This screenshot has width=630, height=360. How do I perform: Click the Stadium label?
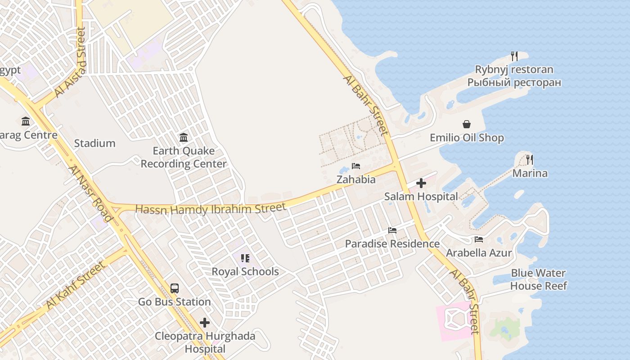point(94,144)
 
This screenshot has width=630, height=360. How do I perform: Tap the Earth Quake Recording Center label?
point(184,157)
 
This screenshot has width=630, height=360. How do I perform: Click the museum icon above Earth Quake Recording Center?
point(184,137)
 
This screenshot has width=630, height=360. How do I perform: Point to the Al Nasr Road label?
point(90,193)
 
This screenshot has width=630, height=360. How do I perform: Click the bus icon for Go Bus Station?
point(175,288)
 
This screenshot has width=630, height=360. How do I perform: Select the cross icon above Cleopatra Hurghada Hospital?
point(205,323)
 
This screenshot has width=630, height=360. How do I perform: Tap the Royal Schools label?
point(245,272)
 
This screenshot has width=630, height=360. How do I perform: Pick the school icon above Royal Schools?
point(245,258)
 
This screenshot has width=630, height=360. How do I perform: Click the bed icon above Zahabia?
point(356,166)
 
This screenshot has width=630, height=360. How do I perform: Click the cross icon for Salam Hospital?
point(421,183)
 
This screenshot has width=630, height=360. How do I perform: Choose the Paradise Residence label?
point(392,244)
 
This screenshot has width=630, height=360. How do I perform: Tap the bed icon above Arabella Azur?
point(479,239)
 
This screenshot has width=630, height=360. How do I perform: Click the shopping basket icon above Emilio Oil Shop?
point(467,124)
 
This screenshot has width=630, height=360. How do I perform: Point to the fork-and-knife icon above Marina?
point(530,160)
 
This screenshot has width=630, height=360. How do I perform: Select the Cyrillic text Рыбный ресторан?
point(514,83)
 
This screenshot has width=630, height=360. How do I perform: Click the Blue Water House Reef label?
point(538,279)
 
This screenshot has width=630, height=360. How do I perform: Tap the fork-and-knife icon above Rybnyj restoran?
point(514,56)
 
